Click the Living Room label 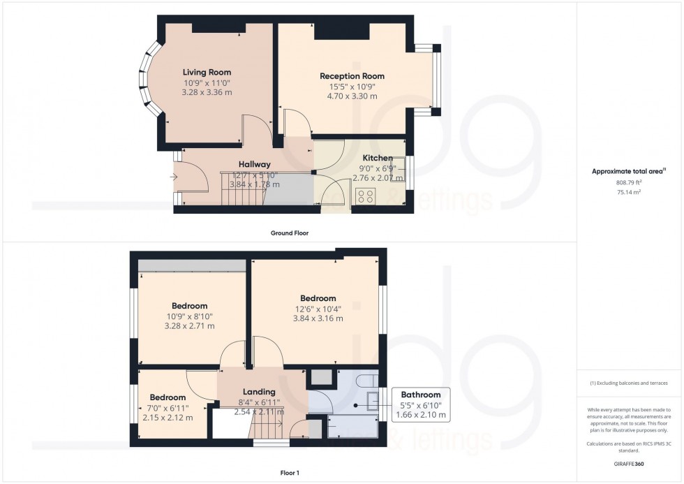tap(207, 72)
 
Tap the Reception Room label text tap(352, 76)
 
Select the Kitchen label tap(377, 159)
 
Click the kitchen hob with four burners tap(364, 196)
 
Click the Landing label tap(259, 392)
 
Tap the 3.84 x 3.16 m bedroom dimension tap(318, 319)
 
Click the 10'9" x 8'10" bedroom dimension tap(189, 316)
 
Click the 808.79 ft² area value tap(630, 182)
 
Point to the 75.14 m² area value tap(630, 191)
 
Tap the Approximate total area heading tap(629, 171)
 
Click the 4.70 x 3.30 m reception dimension tap(352, 97)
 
